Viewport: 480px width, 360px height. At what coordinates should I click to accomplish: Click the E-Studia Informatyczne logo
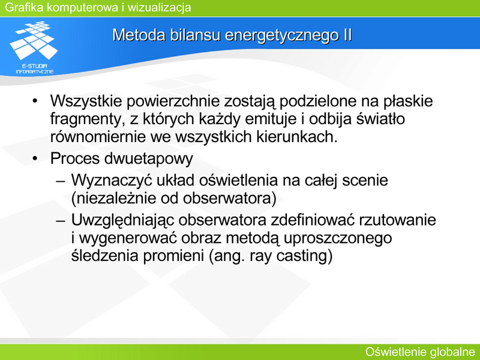(x=34, y=47)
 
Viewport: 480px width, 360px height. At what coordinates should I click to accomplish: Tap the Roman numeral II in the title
(x=346, y=35)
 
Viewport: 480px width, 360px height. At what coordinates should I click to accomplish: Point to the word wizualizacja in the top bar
(x=159, y=7)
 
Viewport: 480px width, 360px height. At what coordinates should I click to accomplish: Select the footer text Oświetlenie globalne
(x=420, y=352)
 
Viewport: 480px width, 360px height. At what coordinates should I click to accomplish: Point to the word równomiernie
(x=98, y=137)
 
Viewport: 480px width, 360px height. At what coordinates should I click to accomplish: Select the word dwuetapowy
(x=148, y=159)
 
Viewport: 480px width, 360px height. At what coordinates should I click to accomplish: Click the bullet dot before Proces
(x=35, y=158)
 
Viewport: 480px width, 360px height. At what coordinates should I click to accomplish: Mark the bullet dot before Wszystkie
(x=35, y=101)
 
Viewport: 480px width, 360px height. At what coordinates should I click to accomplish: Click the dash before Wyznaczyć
(x=61, y=181)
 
